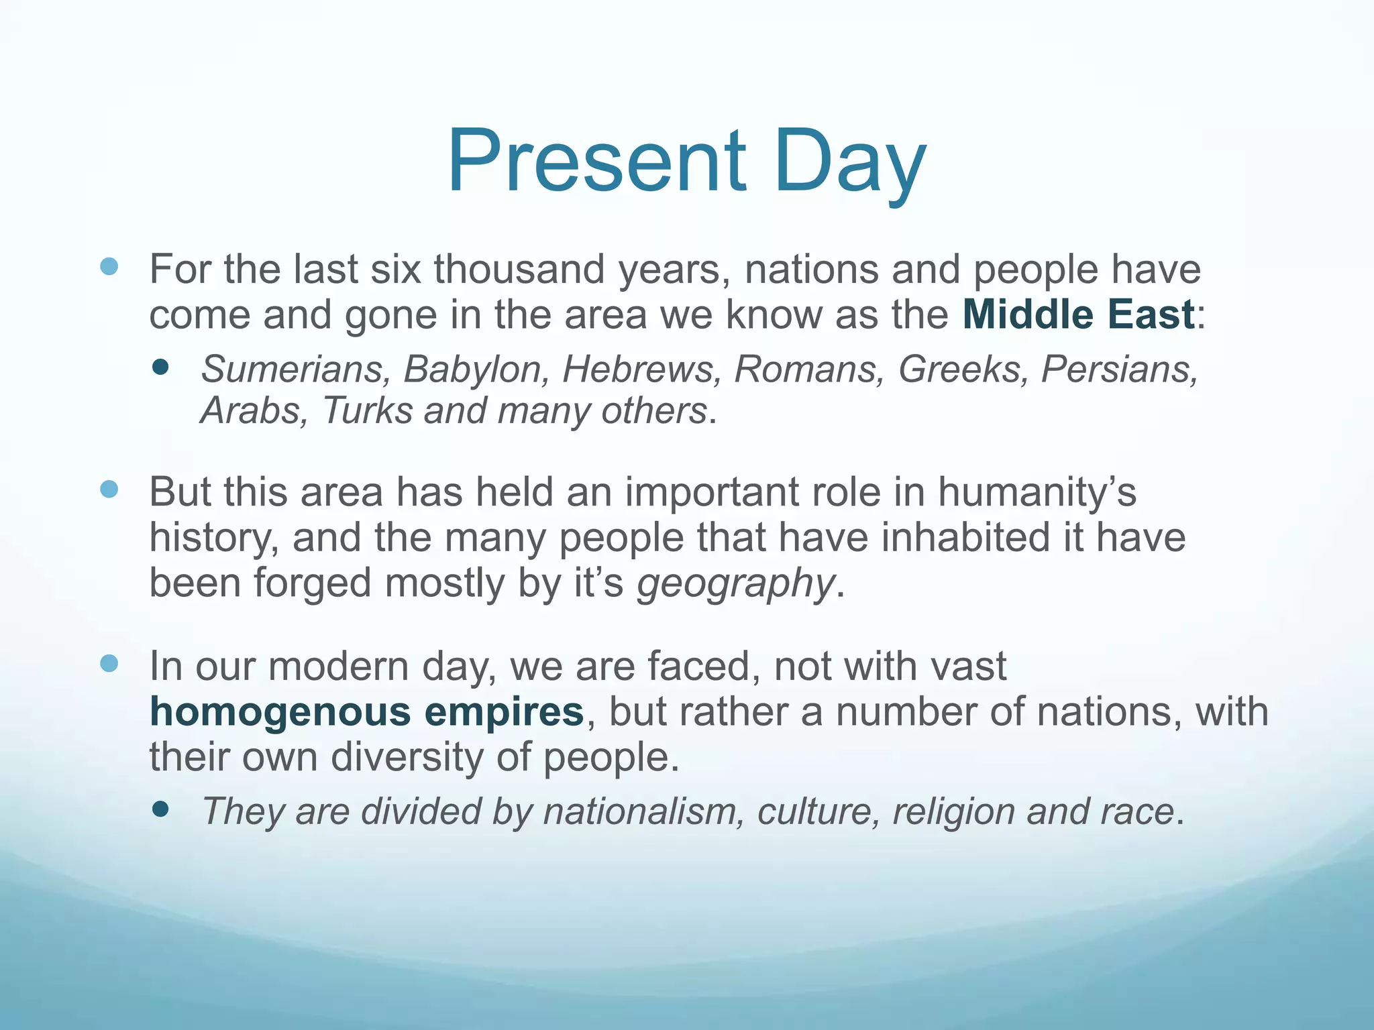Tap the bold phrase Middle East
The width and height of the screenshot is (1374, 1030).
coord(1078,314)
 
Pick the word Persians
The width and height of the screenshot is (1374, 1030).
coord(1119,369)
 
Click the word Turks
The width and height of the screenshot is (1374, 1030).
coord(367,410)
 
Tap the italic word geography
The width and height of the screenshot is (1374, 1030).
coord(735,583)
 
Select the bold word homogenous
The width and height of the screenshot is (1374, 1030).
coord(280,711)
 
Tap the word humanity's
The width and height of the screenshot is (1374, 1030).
coord(1037,492)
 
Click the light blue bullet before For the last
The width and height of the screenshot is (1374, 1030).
coord(109,267)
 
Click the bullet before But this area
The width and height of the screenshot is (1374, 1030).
coord(109,490)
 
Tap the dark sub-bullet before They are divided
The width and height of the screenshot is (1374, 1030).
coord(160,809)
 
